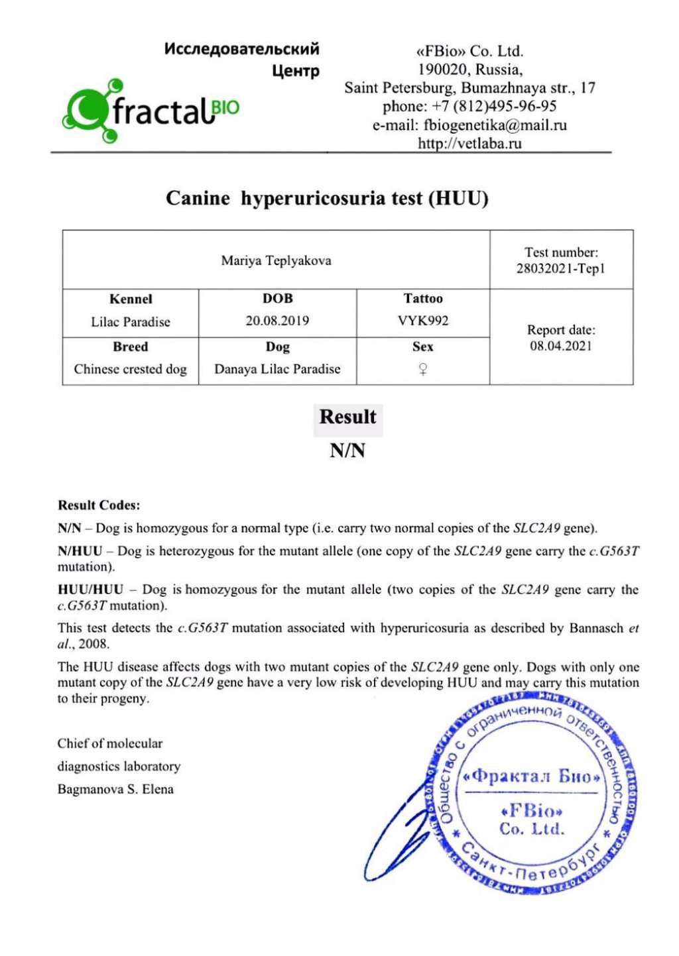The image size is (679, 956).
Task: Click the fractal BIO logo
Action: click(x=151, y=111)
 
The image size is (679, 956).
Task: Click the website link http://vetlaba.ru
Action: click(x=469, y=143)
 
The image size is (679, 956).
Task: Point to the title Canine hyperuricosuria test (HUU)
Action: click(x=327, y=198)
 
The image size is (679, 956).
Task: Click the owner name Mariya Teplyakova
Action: click(x=276, y=261)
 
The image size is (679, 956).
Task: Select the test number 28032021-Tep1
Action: click(x=561, y=269)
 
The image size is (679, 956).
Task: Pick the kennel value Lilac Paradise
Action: click(x=131, y=322)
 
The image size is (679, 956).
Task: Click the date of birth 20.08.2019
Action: click(x=277, y=321)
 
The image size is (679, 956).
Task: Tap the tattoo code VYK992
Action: click(x=423, y=321)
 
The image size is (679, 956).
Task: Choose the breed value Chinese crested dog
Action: click(x=131, y=369)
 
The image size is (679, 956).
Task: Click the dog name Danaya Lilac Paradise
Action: click(x=277, y=369)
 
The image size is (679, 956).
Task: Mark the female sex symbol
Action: click(x=423, y=370)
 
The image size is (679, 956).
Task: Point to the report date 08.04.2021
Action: click(x=561, y=346)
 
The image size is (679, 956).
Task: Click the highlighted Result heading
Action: click(x=347, y=417)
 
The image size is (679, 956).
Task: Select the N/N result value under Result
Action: click(x=347, y=451)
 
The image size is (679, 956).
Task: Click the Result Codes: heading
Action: click(x=99, y=505)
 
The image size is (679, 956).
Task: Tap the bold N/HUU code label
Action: click(x=80, y=551)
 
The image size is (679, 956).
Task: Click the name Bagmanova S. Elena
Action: click(x=115, y=789)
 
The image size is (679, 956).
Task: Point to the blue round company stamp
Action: click(x=533, y=795)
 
